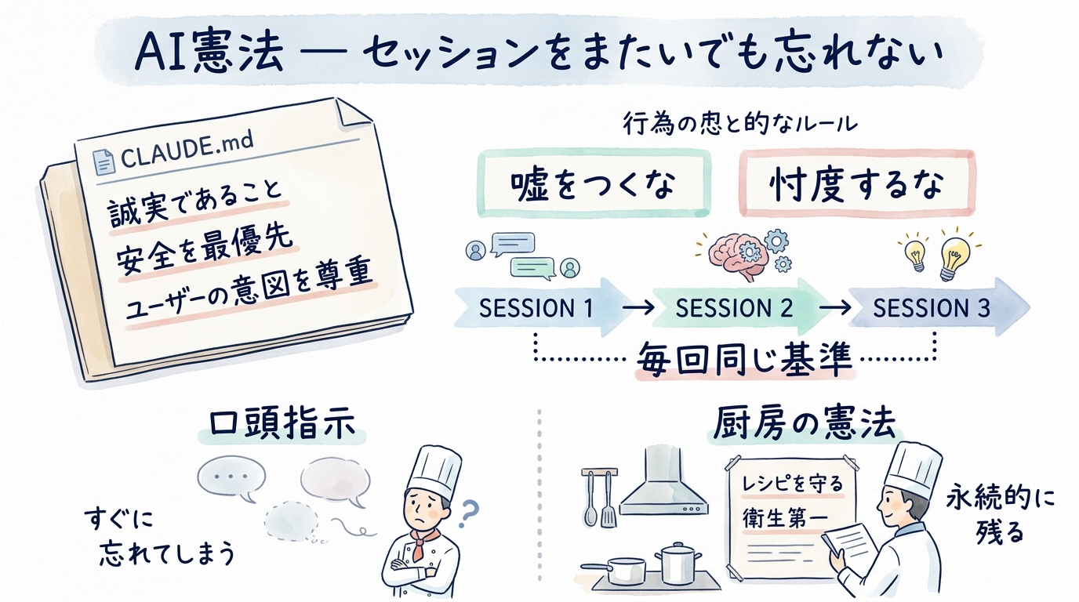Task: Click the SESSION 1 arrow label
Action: pyautogui.click(x=536, y=308)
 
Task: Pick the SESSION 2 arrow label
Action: pyautogui.click(x=732, y=308)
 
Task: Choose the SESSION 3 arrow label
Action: pyautogui.click(x=931, y=308)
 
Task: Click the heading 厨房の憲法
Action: pyautogui.click(x=804, y=425)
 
